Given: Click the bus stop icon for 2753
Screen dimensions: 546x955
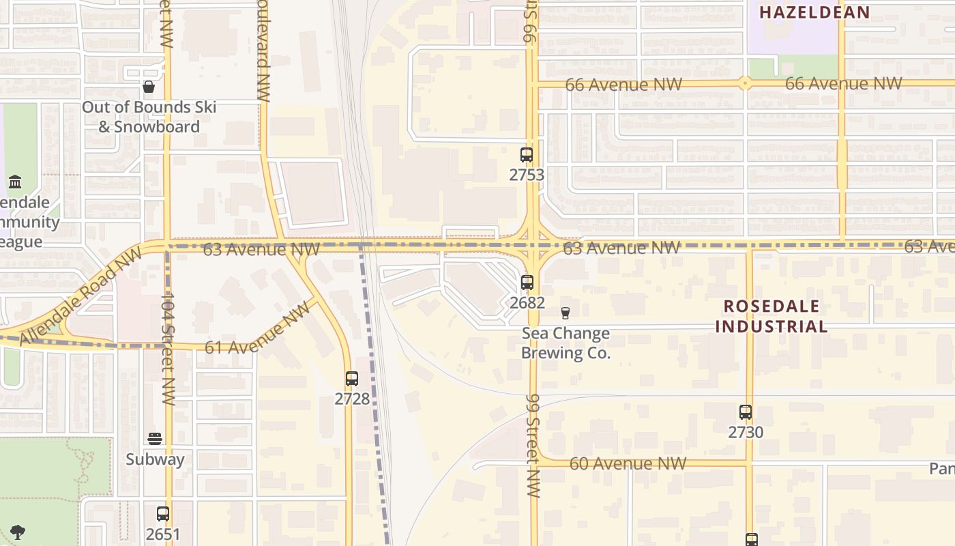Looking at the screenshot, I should point(526,155).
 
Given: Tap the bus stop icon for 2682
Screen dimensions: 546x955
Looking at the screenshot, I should point(527,282).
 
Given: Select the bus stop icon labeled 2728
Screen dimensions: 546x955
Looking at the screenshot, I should point(351,379).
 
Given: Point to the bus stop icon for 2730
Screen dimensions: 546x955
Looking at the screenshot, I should point(745,412).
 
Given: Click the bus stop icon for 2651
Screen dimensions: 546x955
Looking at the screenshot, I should point(162,514).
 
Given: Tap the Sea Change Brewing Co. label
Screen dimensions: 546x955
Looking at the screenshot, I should point(565,343).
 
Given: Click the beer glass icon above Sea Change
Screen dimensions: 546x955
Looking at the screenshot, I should point(565,313).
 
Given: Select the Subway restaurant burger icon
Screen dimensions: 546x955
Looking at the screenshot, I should point(155,439).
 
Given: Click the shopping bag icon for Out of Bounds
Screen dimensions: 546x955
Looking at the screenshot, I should point(149,87).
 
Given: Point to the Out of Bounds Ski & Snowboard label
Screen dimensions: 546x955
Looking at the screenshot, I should point(149,117).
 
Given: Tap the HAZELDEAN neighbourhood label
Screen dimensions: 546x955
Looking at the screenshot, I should point(814,12).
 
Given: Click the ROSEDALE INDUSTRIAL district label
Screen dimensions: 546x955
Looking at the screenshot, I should point(772,316).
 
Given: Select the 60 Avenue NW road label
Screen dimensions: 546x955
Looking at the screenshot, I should point(628,463).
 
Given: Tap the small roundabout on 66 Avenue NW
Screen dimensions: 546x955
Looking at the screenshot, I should point(746,84).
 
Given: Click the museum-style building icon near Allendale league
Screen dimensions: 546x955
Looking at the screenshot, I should point(15,182).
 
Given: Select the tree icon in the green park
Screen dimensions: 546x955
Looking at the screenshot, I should point(18,532).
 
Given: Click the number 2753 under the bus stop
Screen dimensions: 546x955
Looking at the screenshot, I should point(527,175).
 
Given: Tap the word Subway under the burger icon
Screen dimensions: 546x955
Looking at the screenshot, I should point(155,459).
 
